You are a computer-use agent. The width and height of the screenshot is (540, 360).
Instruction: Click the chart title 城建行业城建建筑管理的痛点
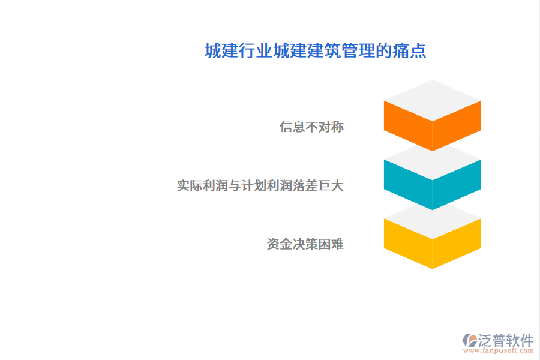[x=315, y=51]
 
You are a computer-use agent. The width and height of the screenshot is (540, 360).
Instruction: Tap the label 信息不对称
[x=311, y=127]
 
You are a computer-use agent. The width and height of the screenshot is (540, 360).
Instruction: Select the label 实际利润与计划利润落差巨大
[x=260, y=185]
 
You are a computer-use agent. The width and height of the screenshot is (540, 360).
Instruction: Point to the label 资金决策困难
[x=305, y=244]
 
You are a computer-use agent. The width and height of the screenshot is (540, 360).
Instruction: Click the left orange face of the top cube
[x=408, y=125]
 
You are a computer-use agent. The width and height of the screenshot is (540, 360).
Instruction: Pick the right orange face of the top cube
[x=457, y=125]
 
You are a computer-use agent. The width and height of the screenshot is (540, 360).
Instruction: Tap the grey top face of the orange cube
[x=433, y=100]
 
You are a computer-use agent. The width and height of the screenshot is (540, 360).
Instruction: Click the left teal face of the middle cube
[x=408, y=184]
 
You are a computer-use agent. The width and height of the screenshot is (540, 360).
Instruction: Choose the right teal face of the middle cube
[x=457, y=184]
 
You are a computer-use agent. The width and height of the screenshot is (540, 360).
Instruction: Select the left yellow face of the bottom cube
[x=408, y=242]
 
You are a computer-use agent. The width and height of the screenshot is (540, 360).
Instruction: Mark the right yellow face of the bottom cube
[x=457, y=242]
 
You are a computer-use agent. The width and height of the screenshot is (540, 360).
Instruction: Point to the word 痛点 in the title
[x=415, y=51]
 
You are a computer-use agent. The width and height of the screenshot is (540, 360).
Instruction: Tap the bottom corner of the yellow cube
[x=433, y=267]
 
